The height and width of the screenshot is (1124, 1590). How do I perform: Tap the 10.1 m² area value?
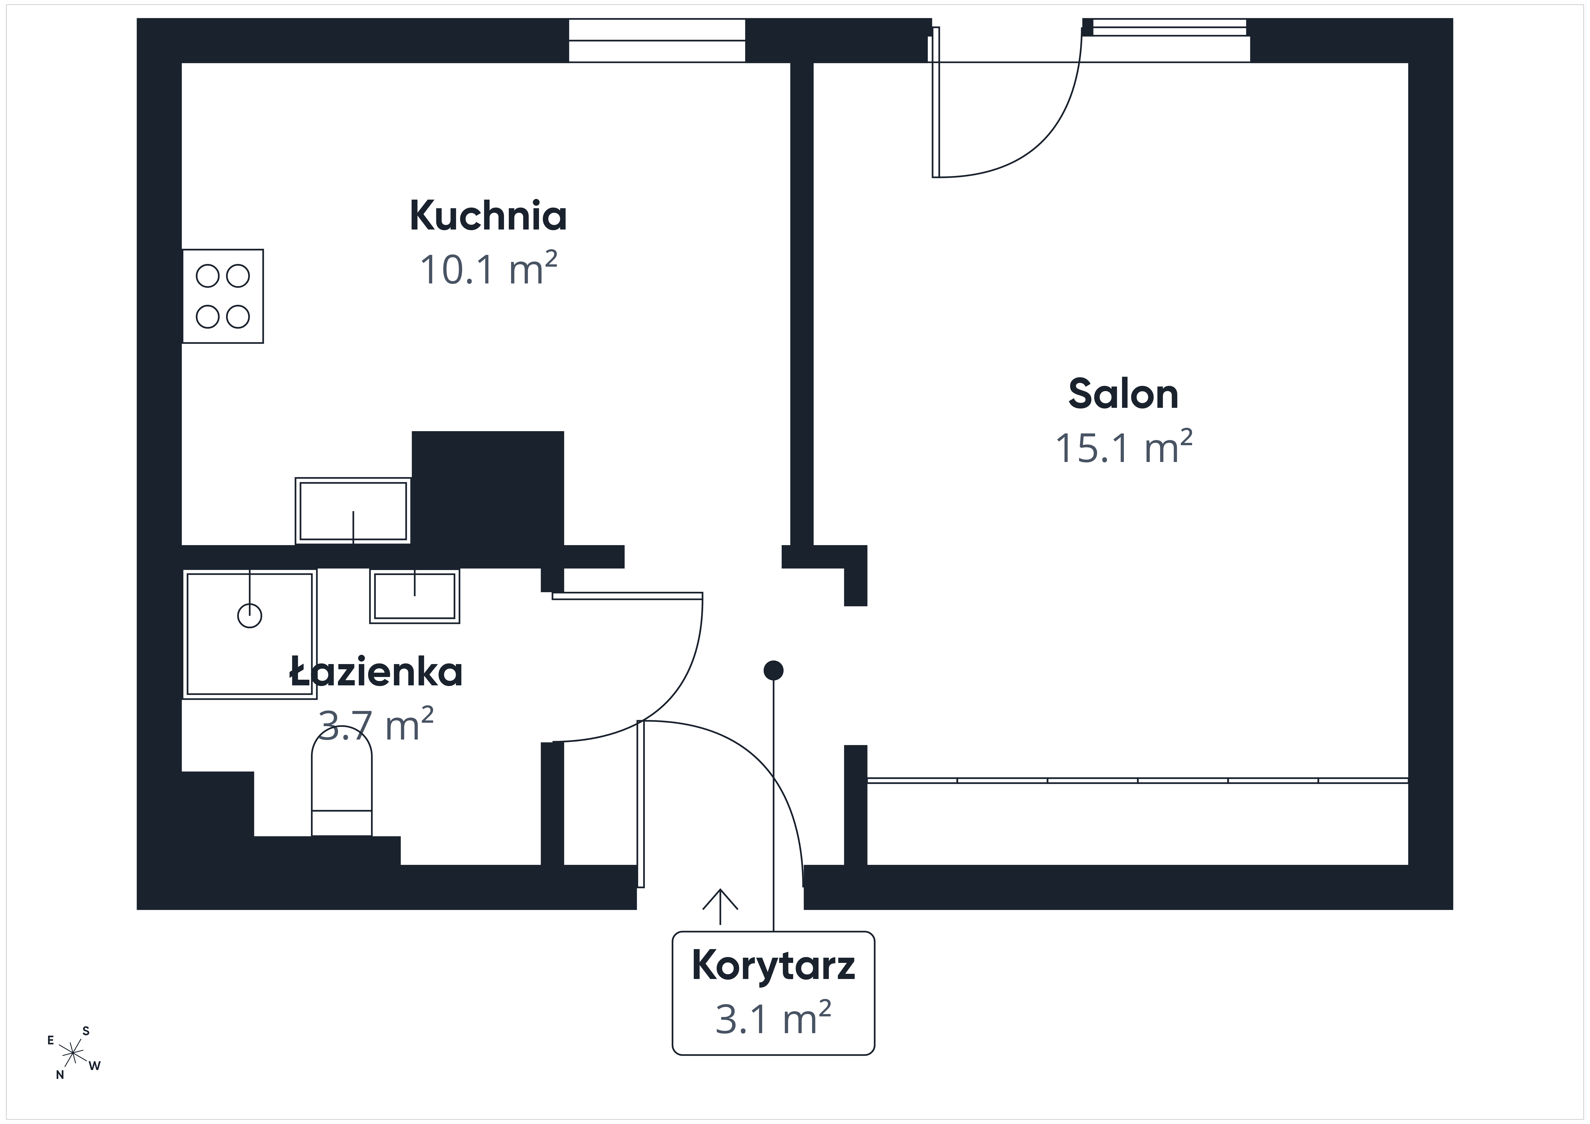(x=488, y=269)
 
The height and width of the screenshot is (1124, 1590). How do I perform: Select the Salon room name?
(x=1123, y=394)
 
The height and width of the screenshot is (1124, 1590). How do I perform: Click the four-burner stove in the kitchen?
(x=223, y=296)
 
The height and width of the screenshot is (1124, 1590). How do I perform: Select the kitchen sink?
(x=353, y=510)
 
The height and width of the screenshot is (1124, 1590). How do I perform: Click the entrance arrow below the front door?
(x=720, y=906)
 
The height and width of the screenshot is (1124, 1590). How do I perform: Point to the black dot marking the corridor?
(x=773, y=670)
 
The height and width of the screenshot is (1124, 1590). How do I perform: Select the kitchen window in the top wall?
(x=657, y=40)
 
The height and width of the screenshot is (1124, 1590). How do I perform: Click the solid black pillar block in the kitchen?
(x=488, y=488)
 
